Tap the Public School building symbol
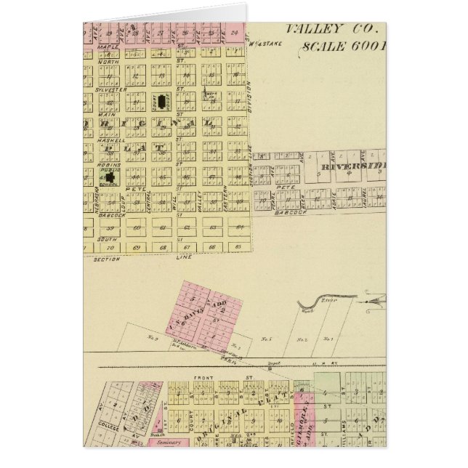pos(110,176)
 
